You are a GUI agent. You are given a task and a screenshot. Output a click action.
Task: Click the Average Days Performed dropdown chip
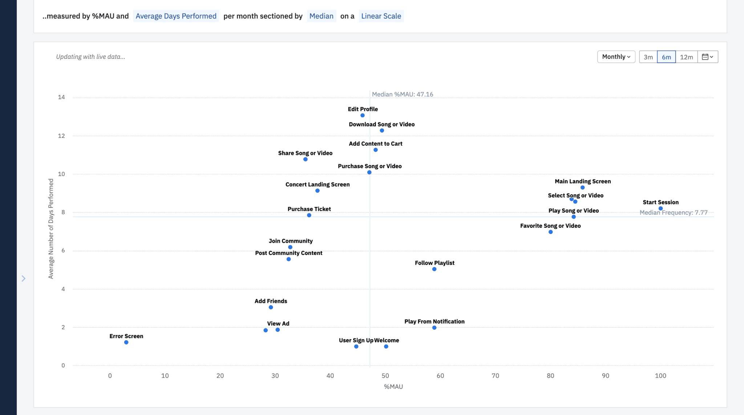[x=176, y=16]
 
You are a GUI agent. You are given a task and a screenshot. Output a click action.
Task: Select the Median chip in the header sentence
[x=321, y=16]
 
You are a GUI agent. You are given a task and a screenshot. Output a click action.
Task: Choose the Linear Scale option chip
[x=381, y=16]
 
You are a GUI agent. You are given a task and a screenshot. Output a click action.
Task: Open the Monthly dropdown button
[x=616, y=57]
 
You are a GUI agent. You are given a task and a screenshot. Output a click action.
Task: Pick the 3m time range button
[x=648, y=57]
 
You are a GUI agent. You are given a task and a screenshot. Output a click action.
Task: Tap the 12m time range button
[x=686, y=57]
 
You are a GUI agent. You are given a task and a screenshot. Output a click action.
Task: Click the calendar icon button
[x=707, y=57]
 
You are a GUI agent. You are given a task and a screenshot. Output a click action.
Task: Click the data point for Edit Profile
[x=363, y=115]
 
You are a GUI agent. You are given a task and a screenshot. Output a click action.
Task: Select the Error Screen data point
[x=126, y=342]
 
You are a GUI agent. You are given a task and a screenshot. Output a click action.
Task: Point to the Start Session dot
[x=660, y=209]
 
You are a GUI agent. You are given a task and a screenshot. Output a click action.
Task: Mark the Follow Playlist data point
[x=434, y=269]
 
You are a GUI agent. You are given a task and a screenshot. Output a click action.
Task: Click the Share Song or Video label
[x=305, y=153]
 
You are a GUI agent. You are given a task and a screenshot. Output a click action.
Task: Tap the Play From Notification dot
[x=434, y=328]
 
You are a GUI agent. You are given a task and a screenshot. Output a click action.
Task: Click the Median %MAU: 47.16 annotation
[x=402, y=94]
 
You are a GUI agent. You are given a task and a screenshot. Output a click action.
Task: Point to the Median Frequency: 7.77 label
[x=673, y=213]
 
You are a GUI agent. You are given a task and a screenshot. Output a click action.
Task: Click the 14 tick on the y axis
[x=61, y=97]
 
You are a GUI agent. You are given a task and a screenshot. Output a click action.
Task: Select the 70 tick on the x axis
[x=495, y=376]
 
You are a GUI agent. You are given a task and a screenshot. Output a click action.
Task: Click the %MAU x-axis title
[x=393, y=387]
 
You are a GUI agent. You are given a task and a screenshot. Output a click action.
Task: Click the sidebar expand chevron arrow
[x=23, y=279]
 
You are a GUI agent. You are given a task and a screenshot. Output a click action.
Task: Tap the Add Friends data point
[x=271, y=307]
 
